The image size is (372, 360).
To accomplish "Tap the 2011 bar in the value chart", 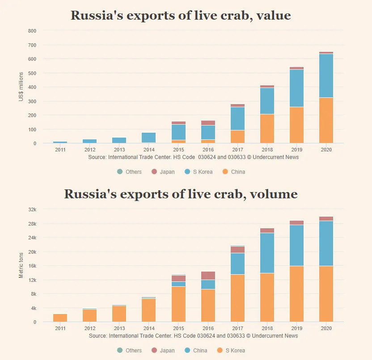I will click(60, 142).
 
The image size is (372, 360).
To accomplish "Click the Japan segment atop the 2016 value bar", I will click(208, 123).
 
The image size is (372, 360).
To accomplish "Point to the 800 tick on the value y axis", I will click(32, 31).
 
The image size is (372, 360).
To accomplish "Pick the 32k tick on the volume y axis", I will click(32, 209).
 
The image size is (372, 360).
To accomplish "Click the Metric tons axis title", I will click(21, 264).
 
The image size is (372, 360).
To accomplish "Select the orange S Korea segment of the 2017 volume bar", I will click(237, 298).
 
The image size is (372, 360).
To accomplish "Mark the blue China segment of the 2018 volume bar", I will click(267, 253).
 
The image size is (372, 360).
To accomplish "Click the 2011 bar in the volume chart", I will click(60, 318).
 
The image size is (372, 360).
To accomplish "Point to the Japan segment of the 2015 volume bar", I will click(178, 278).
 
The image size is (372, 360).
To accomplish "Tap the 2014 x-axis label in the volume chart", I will click(149, 329).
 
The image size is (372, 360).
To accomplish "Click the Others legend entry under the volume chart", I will click(129, 351).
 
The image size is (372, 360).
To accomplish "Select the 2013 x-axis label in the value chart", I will click(119, 150).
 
